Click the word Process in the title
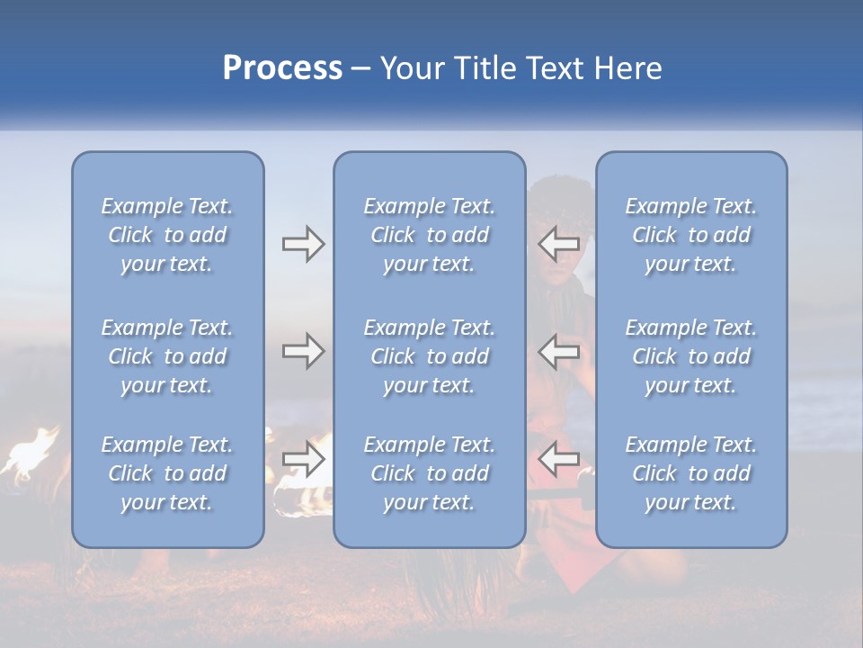[282, 68]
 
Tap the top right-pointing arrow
[303, 244]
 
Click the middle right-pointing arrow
[303, 351]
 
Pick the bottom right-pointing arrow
[303, 460]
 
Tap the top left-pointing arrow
[558, 244]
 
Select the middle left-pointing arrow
[558, 351]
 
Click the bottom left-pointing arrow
[558, 460]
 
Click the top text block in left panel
[167, 235]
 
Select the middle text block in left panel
[167, 356]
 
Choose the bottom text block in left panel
[167, 473]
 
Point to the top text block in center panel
[429, 235]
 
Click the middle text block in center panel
[429, 356]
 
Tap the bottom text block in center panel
[429, 473]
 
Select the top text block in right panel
[690, 235]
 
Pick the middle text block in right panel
[690, 356]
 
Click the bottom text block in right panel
[690, 473]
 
